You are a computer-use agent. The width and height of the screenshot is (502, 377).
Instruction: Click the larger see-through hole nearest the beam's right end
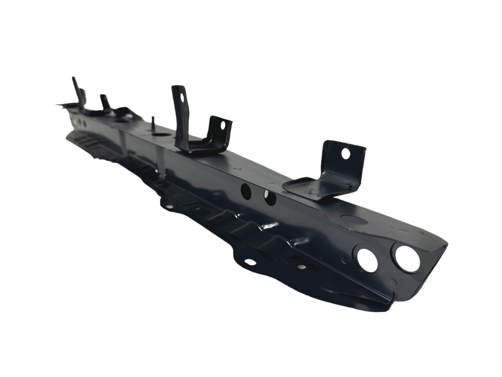[408, 259]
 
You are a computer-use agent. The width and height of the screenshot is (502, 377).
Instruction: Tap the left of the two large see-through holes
[366, 260]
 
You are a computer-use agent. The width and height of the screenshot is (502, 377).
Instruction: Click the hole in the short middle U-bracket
[223, 125]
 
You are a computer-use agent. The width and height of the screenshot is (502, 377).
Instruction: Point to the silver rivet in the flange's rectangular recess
[301, 267]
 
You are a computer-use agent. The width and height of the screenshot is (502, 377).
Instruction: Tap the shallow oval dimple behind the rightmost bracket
[350, 217]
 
